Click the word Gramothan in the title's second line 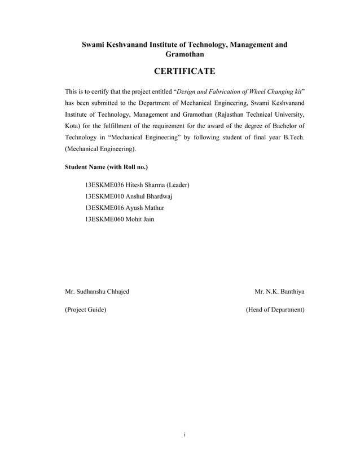[x=185, y=54]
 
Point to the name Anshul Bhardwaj [x=149, y=196]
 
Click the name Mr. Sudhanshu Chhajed [x=97, y=292]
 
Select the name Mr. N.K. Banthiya [x=279, y=292]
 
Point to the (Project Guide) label [x=85, y=310]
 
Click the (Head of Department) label [x=275, y=310]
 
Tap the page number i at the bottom [x=185, y=435]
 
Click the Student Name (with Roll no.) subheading [x=107, y=167]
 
